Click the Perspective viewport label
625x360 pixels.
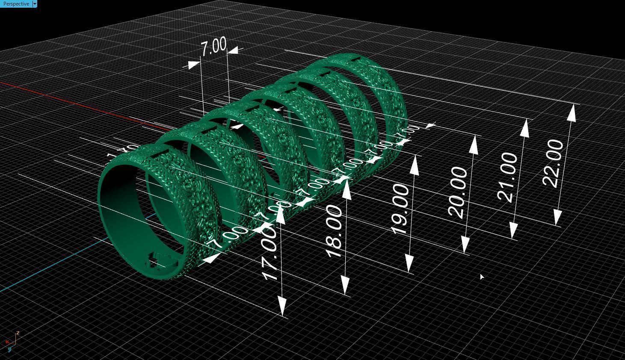coord(16,4)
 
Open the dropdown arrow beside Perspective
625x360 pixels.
coord(35,4)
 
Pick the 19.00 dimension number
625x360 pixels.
coord(401,209)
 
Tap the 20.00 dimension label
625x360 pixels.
coord(458,192)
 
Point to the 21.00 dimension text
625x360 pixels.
coord(508,176)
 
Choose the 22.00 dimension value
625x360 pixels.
coord(554,163)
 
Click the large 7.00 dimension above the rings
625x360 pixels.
coord(213,47)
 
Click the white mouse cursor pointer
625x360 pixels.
coord(482,277)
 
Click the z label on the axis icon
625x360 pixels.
coord(18,332)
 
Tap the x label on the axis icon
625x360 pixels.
coord(7,342)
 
